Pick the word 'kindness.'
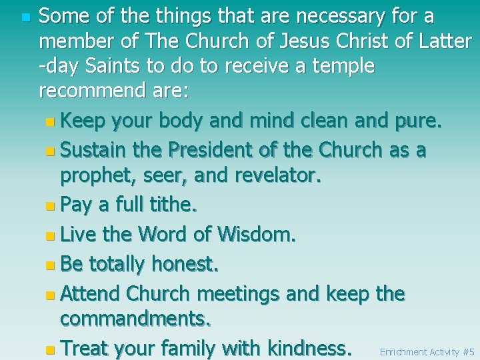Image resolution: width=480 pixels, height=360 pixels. point(309,347)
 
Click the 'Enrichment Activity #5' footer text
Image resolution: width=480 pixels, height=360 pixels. point(427,351)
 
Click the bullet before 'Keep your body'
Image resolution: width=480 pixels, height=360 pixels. point(51,123)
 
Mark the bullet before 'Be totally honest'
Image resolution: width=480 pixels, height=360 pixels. point(51,265)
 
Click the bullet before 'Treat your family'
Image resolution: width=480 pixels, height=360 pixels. point(51,348)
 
